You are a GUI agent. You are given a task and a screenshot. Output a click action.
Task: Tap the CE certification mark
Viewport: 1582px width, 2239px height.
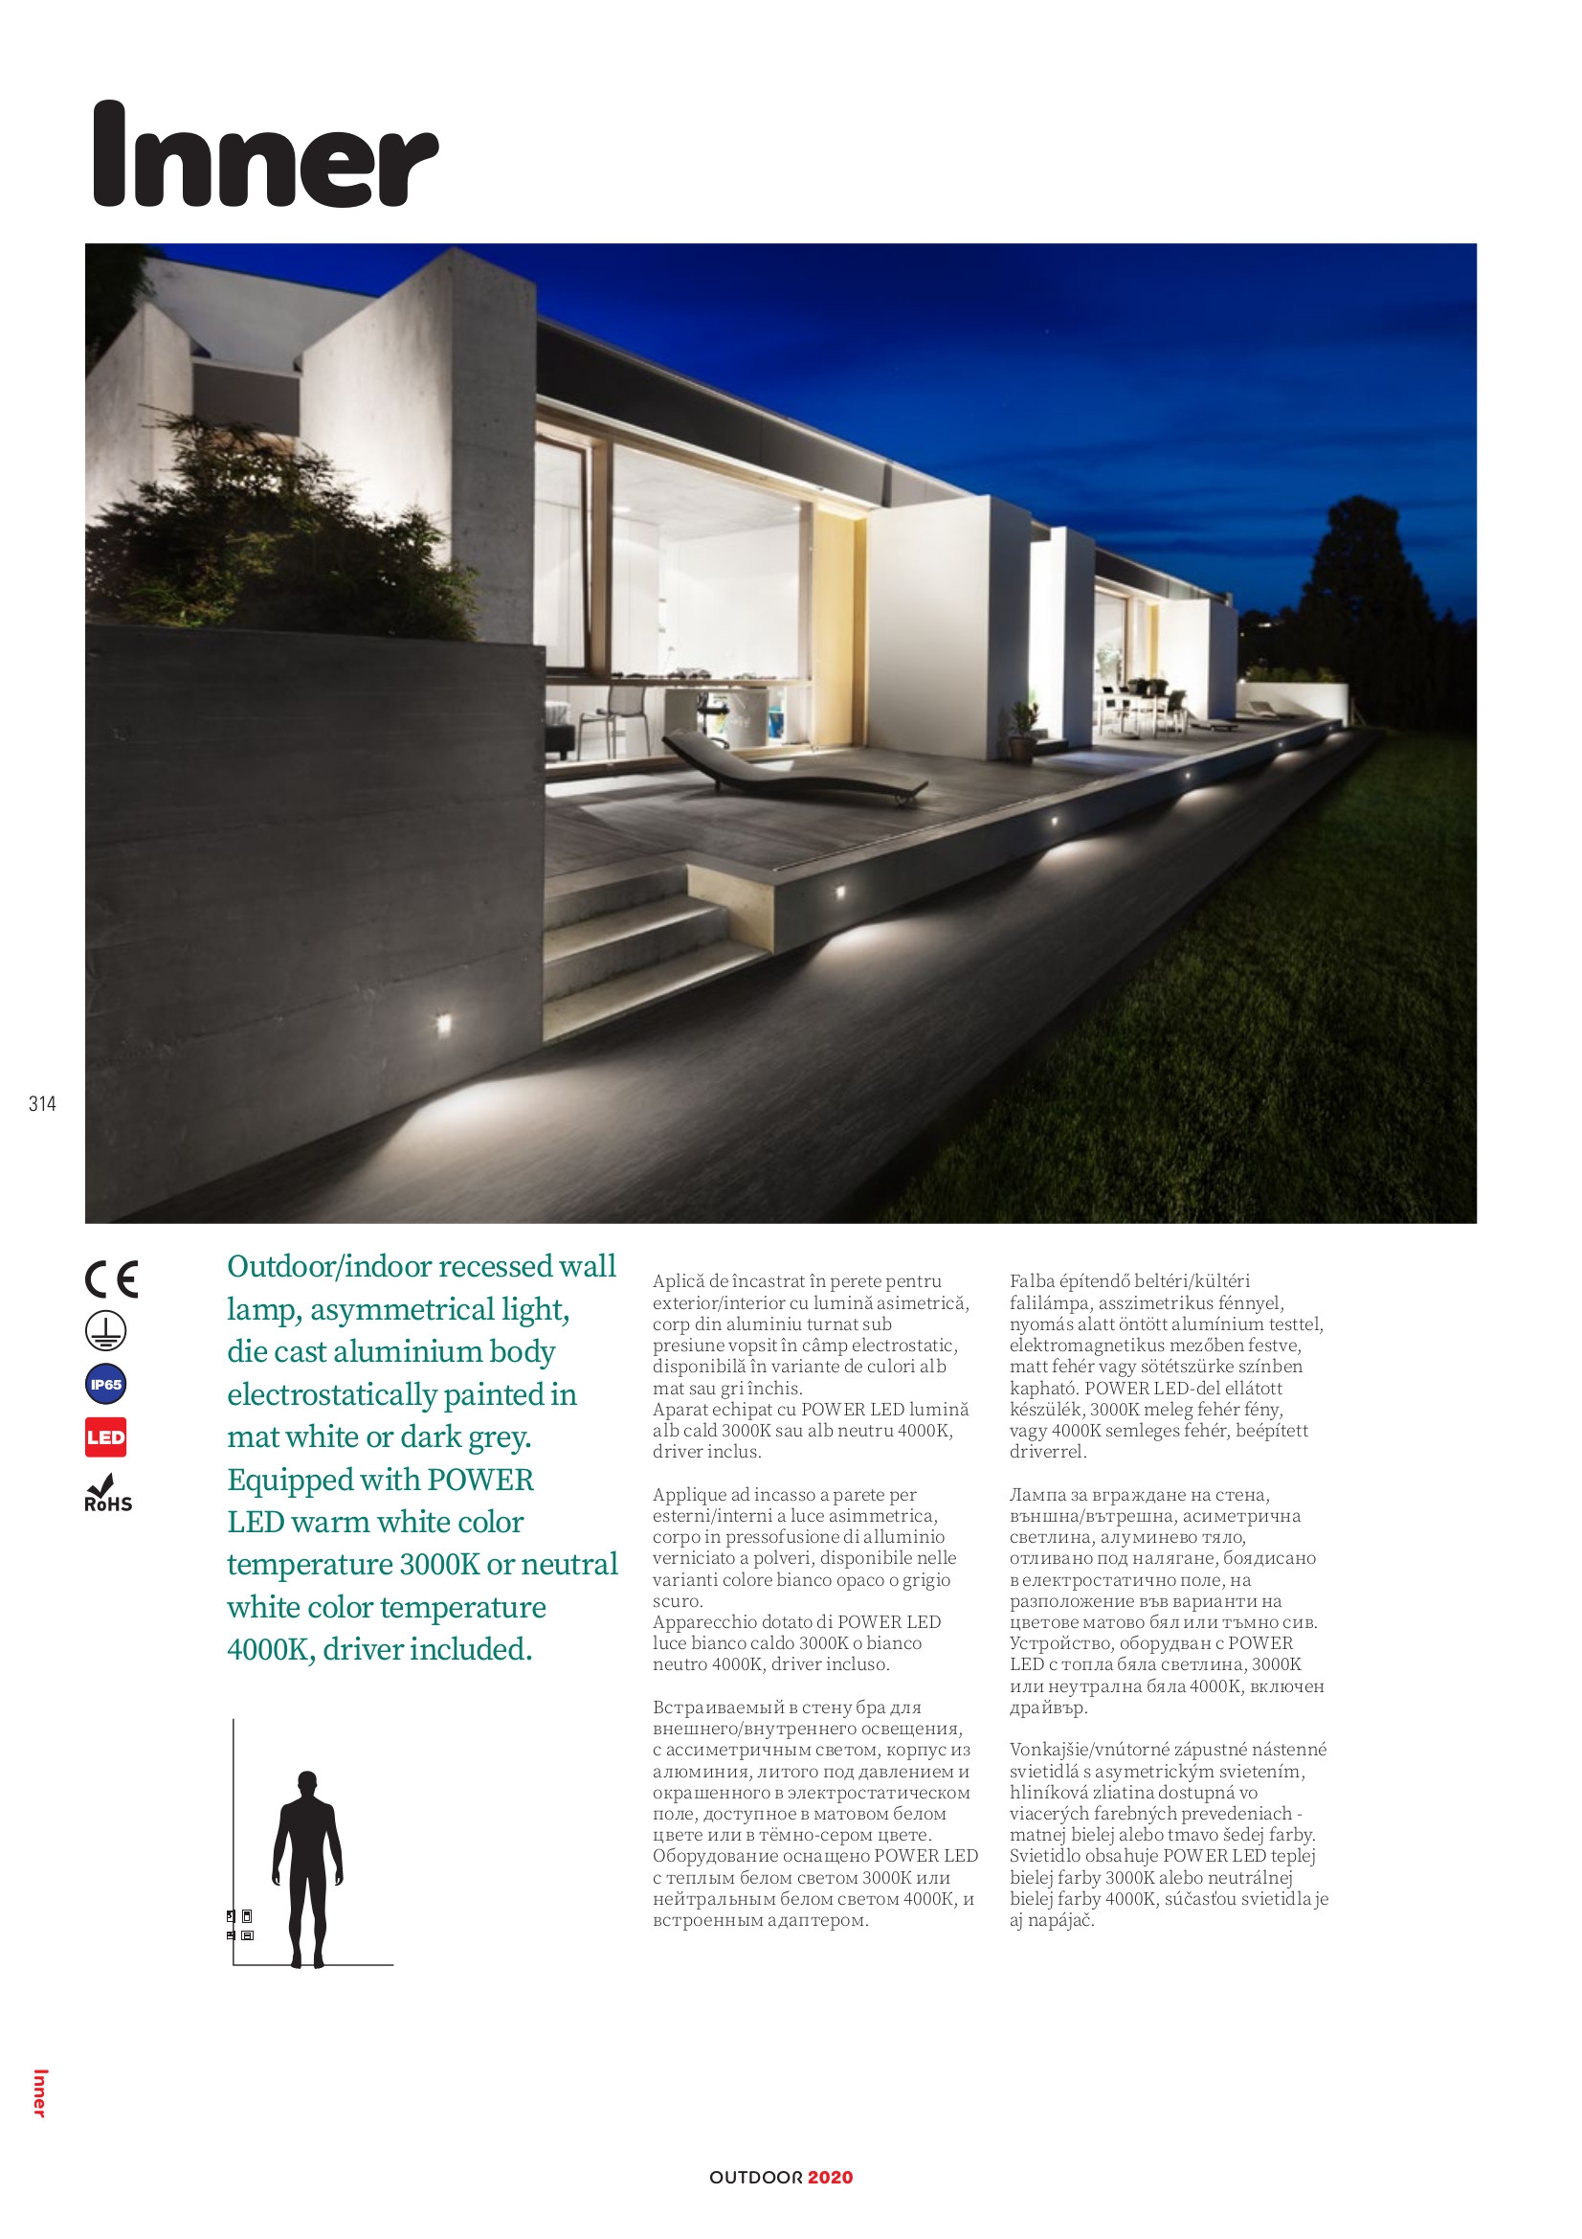click(x=111, y=1279)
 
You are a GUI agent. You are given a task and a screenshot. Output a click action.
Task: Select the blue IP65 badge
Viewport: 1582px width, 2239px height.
click(x=105, y=1384)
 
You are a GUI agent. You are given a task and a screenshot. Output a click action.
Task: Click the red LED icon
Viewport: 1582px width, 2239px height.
click(x=105, y=1436)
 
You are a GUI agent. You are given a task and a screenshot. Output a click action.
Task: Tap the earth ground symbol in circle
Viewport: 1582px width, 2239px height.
click(x=105, y=1331)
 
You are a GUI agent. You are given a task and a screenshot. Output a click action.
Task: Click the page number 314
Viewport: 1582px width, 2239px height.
click(x=42, y=1104)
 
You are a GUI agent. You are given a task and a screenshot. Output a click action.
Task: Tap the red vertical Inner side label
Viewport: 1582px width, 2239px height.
click(x=39, y=2092)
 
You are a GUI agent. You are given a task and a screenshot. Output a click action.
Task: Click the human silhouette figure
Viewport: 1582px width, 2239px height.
click(x=307, y=1868)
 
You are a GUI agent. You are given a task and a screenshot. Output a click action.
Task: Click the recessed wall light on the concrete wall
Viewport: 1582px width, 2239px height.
click(x=443, y=1023)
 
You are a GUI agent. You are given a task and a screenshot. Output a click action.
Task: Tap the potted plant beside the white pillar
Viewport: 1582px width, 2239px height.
click(x=1022, y=731)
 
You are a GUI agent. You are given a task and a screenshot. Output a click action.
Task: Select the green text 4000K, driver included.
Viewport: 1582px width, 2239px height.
click(x=379, y=1649)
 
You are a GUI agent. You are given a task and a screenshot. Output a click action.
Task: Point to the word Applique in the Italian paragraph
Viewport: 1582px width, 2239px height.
click(x=690, y=1495)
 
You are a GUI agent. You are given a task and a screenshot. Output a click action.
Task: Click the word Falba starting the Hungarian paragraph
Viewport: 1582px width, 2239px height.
click(x=1032, y=1281)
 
